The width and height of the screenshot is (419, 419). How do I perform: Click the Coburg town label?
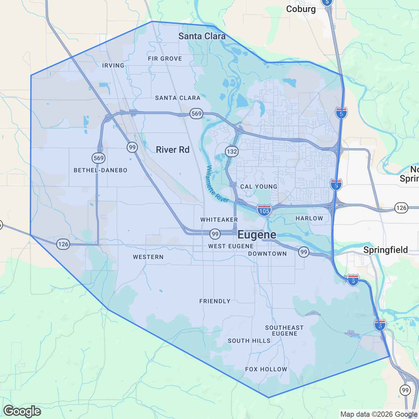coord(301,9)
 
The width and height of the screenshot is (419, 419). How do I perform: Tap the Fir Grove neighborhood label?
coord(165,59)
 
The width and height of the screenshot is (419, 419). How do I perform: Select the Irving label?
coord(113,65)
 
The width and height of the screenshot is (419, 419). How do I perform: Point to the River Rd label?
coord(173,150)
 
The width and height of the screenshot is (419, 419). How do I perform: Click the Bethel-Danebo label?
coord(100,170)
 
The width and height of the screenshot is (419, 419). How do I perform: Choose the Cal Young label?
coord(259,187)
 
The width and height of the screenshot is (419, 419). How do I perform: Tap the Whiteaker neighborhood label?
coord(219,220)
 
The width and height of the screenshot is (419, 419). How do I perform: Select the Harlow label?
coord(309,218)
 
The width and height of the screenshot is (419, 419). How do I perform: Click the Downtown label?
coord(267,254)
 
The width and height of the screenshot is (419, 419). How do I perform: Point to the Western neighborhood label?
coord(148,257)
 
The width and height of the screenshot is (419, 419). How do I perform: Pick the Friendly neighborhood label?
coord(215,301)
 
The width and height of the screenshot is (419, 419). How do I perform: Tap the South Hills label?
coord(249,341)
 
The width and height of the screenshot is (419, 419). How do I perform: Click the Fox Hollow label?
coord(266,369)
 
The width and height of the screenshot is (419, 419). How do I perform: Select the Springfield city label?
coord(385,250)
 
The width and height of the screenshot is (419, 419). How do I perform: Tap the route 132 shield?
coord(231,151)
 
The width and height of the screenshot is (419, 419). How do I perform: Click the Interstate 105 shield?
coord(264,210)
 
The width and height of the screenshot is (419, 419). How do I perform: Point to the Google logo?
coord(22,411)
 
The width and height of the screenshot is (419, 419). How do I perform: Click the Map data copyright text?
coord(379,414)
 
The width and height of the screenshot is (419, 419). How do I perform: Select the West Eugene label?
coord(231,246)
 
